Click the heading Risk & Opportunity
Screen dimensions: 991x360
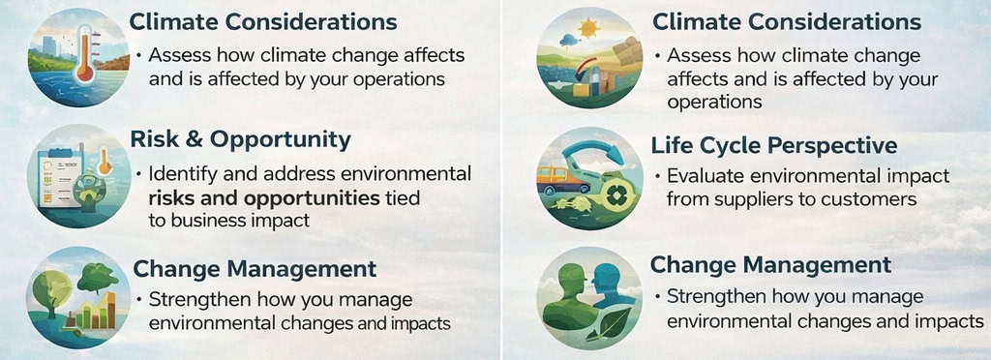point(240,139)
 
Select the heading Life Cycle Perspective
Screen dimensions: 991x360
point(774,146)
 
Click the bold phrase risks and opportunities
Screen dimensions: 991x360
point(264,198)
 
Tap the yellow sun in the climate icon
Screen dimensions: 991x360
point(588,28)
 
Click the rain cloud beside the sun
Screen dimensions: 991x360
point(570,41)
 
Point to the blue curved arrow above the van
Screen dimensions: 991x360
point(593,148)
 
